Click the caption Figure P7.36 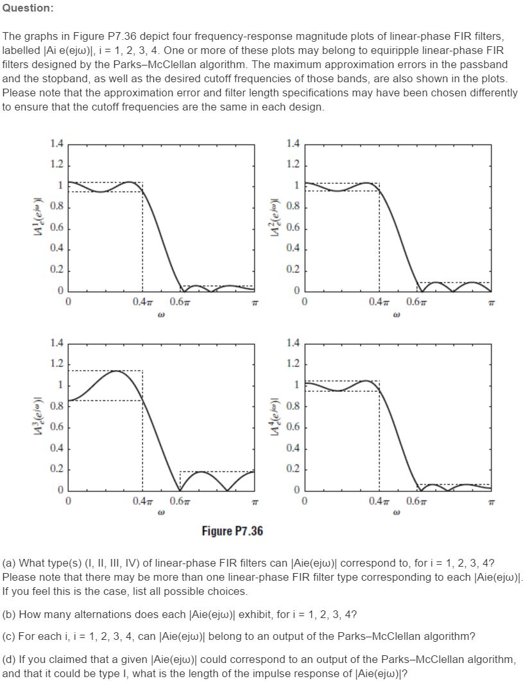(232, 531)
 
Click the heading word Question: (28, 8)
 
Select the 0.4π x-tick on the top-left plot (142, 302)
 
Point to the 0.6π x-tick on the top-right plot (416, 302)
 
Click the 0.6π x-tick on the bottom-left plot (180, 500)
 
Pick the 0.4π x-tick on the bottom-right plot (379, 500)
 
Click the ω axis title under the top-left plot (160, 315)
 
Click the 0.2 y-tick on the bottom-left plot (56, 469)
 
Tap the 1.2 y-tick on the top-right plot (293, 165)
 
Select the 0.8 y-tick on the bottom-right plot (293, 406)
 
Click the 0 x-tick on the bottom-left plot (67, 500)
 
